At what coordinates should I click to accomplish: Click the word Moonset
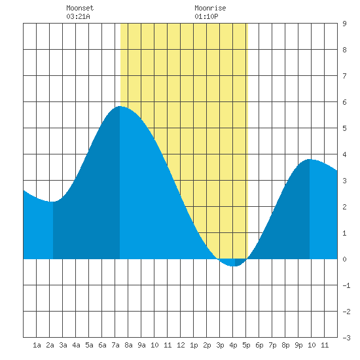coord(80,8)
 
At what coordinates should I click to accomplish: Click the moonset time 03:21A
coord(78,16)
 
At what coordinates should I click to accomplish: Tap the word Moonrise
coord(210,8)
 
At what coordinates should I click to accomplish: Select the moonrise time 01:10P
coord(206,16)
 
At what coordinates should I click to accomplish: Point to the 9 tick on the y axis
coord(344,24)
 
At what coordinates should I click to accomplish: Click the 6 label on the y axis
coord(344,102)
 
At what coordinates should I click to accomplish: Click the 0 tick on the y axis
coord(344,259)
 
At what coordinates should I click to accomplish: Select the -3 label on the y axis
coord(346,338)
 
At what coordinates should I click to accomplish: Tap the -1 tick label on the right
coord(346,285)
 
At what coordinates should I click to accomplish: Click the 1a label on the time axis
coord(37,345)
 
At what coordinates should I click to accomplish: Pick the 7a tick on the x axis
coord(115,345)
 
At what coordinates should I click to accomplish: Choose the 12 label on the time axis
coord(181,345)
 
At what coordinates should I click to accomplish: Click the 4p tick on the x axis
coord(233,345)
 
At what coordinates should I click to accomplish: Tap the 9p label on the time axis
coord(298,345)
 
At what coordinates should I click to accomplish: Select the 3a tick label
coord(63,345)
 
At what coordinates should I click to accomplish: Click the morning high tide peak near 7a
coord(120,106)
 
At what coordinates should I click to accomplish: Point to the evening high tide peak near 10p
coord(310,159)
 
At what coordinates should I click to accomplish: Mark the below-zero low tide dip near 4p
coord(233,266)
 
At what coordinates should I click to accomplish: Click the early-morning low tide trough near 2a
coord(52,202)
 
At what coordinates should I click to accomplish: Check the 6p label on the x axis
coord(259,345)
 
